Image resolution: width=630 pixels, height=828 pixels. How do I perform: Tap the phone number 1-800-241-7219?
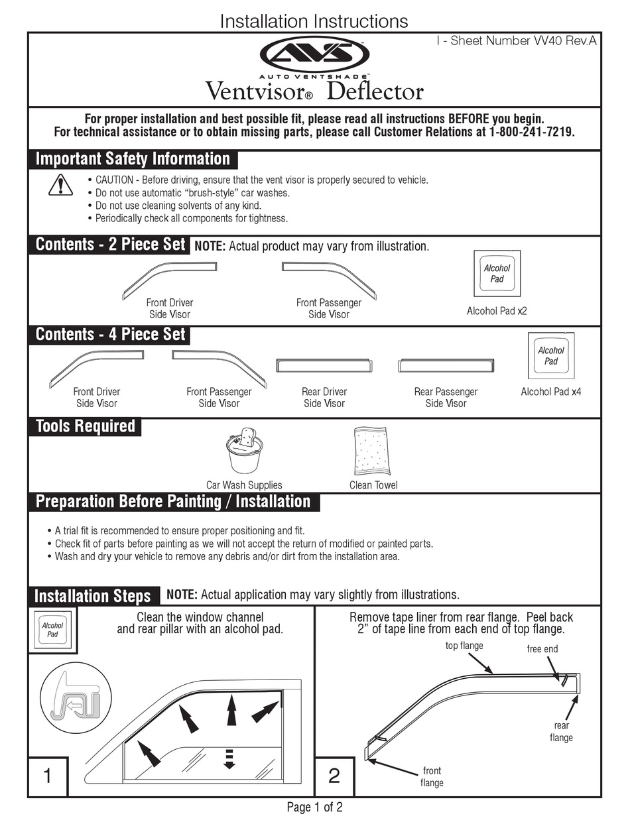click(531, 132)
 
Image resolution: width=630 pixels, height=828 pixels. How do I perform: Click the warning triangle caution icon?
click(60, 185)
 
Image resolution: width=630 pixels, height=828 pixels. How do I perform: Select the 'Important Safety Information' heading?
click(133, 159)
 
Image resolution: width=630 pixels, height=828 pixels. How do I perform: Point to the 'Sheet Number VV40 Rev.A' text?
click(517, 41)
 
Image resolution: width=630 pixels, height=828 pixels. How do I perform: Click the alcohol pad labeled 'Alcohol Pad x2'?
click(497, 273)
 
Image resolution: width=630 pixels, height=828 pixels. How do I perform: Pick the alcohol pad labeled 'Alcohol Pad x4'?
click(550, 356)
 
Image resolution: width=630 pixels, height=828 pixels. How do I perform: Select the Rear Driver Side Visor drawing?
click(324, 366)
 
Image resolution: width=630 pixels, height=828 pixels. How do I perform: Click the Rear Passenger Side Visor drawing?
click(446, 366)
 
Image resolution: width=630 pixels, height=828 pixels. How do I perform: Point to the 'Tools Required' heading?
click(85, 426)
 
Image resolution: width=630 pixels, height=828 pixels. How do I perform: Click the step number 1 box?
click(47, 776)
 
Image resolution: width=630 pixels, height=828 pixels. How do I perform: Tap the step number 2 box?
click(334, 776)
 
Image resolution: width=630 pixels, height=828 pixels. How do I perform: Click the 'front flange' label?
click(431, 776)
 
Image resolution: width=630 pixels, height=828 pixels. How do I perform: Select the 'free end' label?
click(542, 649)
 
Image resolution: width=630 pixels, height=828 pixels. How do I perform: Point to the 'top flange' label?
click(464, 645)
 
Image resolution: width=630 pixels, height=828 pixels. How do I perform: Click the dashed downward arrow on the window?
click(229, 758)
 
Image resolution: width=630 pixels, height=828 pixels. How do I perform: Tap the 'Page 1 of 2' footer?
click(314, 807)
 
